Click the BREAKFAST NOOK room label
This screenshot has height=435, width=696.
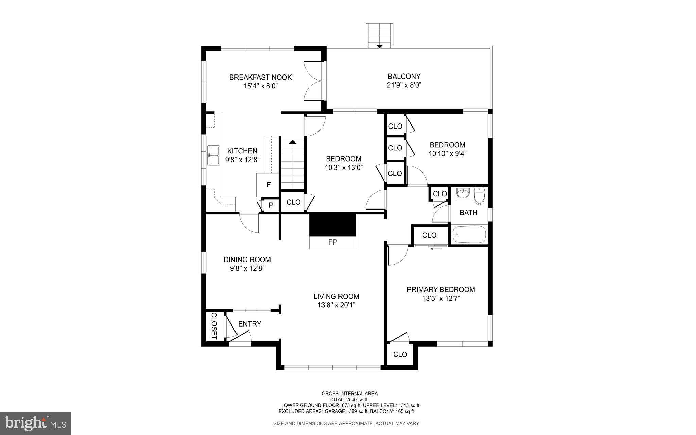pyautogui.click(x=260, y=77)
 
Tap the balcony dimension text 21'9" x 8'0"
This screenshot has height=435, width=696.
pyautogui.click(x=404, y=85)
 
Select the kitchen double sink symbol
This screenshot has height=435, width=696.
pyautogui.click(x=214, y=155)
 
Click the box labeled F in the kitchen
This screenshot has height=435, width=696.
pyautogui.click(x=268, y=185)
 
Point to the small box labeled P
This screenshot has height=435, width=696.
pyautogui.click(x=271, y=205)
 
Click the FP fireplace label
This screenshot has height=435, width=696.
pyautogui.click(x=332, y=242)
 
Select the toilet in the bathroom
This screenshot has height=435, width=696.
pyautogui.click(x=479, y=196)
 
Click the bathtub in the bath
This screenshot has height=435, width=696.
pyautogui.click(x=469, y=234)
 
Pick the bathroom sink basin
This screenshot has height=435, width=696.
pyautogui.click(x=463, y=193)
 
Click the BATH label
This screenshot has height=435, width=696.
pyautogui.click(x=468, y=213)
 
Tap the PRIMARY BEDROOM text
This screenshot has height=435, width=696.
pyautogui.click(x=441, y=290)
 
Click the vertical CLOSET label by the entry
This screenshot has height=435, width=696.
pyautogui.click(x=214, y=325)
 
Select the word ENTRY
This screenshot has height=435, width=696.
pyautogui.click(x=249, y=324)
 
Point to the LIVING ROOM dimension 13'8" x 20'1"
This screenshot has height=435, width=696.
pyautogui.click(x=336, y=305)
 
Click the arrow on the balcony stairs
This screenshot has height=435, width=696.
pyautogui.click(x=380, y=46)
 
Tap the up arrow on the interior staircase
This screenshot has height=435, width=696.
pyautogui.click(x=293, y=141)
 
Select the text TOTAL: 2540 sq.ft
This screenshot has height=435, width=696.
pyautogui.click(x=348, y=400)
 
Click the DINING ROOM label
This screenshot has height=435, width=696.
pyautogui.click(x=247, y=260)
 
